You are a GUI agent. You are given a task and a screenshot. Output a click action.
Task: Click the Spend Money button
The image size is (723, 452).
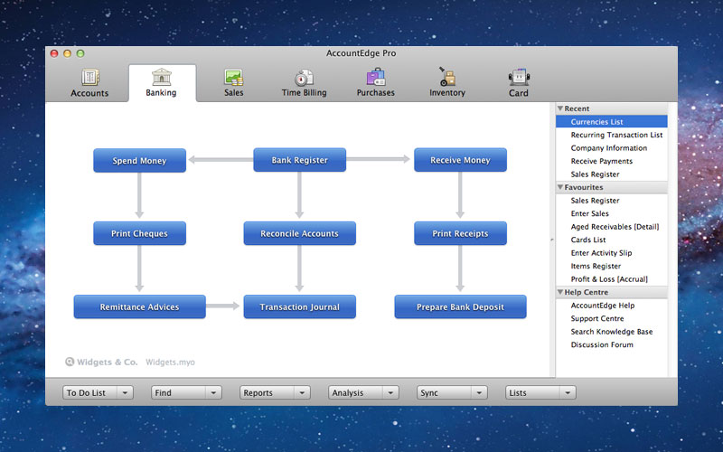point(140,161)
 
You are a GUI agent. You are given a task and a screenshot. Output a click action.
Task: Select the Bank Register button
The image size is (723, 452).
point(300,160)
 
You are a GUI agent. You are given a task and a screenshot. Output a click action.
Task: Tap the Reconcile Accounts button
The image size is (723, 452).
point(300,233)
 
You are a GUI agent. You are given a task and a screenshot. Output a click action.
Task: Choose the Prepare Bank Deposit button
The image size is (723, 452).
point(460,306)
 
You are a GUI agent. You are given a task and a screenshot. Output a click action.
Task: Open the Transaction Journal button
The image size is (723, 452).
point(300,306)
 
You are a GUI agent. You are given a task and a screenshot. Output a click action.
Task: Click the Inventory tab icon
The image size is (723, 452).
point(446,77)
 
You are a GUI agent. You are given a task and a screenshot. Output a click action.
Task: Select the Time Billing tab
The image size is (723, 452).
point(304,83)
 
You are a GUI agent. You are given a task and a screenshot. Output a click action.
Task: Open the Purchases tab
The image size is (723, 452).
point(376,83)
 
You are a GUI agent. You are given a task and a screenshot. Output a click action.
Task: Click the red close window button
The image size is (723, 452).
point(54,53)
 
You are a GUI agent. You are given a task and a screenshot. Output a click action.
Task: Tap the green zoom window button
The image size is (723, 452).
point(80,53)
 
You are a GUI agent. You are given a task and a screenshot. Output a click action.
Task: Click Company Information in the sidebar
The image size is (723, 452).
point(608,148)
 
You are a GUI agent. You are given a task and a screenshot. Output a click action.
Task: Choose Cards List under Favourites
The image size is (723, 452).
point(588,240)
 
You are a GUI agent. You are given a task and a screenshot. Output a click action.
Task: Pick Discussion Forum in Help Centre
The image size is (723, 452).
point(602,344)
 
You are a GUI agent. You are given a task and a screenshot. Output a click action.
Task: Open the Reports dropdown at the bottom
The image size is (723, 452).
point(275,392)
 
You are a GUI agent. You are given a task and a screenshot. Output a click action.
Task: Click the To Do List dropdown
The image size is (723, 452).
point(98,392)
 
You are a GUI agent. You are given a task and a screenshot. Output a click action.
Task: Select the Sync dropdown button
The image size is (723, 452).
point(452,392)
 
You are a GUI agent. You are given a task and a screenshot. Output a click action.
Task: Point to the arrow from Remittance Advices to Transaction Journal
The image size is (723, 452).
point(222,306)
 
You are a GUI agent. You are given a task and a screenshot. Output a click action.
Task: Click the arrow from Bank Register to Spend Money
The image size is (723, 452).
point(221,160)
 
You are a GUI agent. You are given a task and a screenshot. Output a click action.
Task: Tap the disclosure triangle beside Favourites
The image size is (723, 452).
point(560,187)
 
